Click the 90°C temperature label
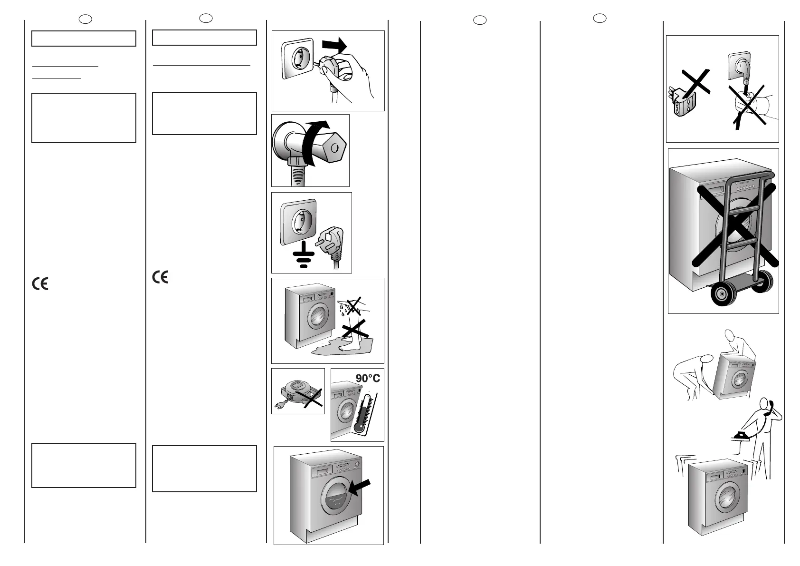coord(368,379)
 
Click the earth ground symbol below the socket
coord(303,257)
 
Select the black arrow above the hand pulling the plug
coord(334,47)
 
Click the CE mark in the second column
coord(161,277)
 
